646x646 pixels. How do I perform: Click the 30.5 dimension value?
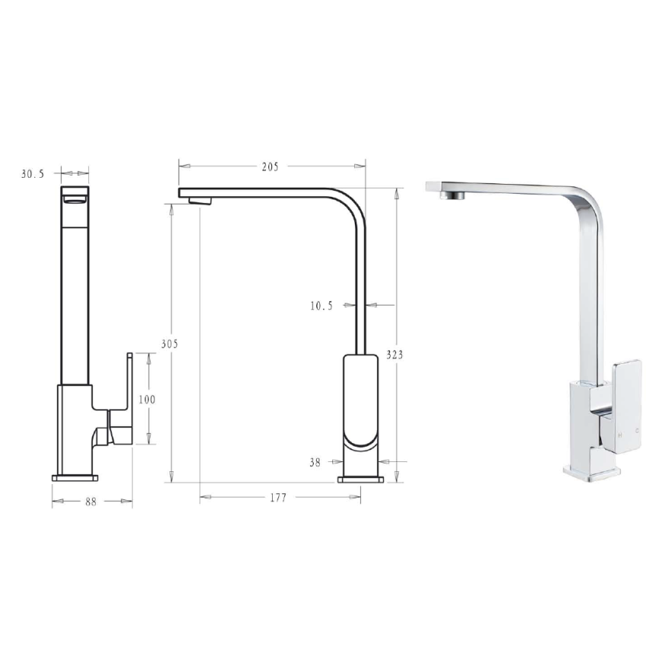point(33,174)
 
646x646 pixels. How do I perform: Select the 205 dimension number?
point(270,166)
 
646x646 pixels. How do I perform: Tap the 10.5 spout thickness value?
point(321,306)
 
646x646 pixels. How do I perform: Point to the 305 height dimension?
point(169,344)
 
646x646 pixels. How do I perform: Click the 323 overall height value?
point(395,355)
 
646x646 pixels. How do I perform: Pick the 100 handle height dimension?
point(147,399)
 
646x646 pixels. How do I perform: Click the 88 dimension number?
point(90,501)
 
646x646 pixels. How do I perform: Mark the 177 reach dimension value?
point(278,498)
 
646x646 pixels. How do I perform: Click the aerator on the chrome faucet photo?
point(451,195)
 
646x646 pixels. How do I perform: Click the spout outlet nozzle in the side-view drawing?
point(200,200)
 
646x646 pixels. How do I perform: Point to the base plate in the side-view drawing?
point(361,479)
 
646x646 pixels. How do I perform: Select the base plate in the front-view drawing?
point(75,478)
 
